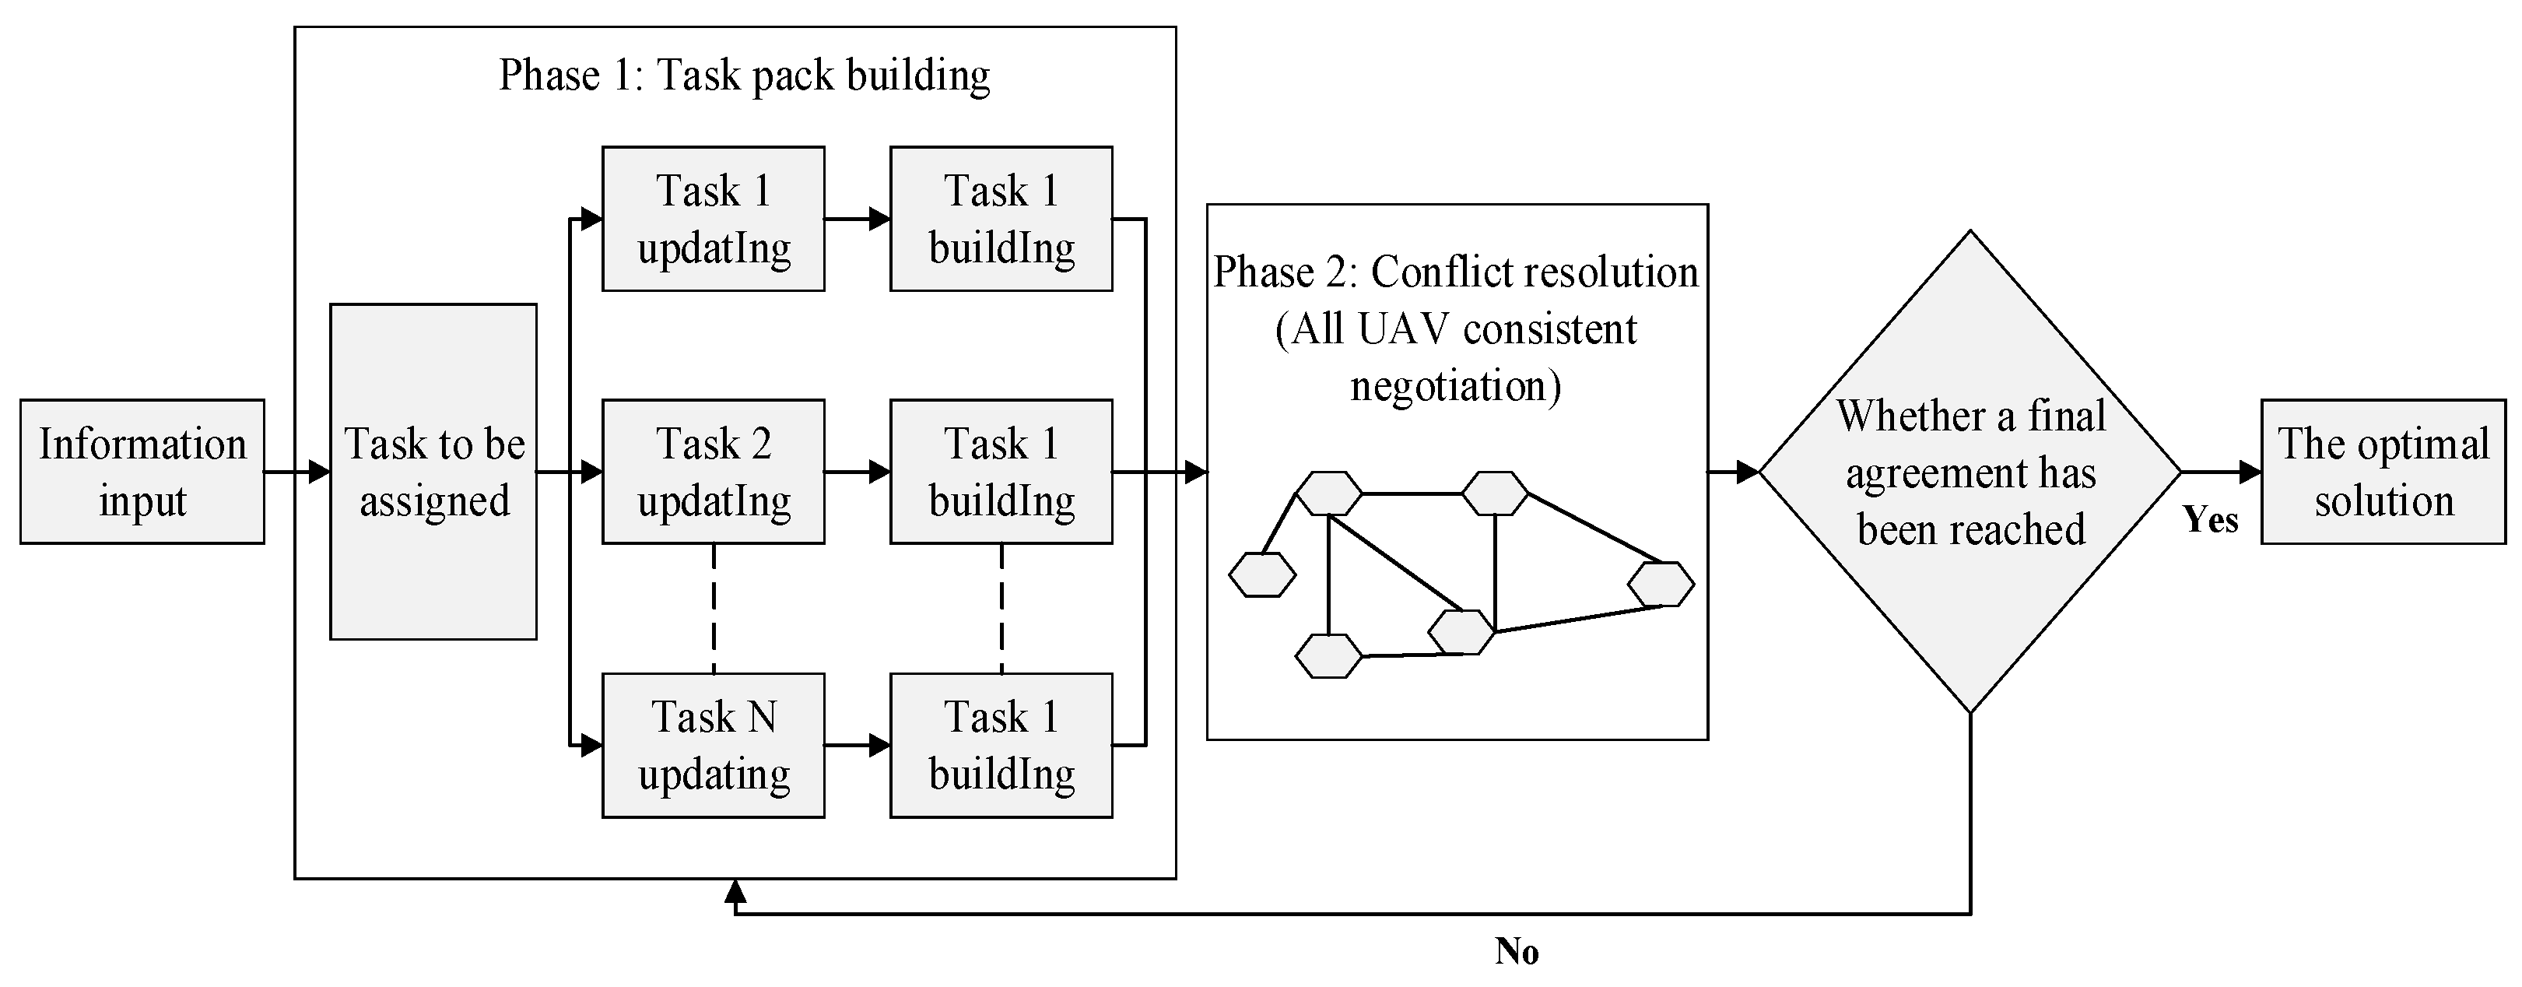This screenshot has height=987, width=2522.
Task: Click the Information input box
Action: pos(142,472)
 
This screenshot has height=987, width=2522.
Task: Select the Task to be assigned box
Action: pos(433,472)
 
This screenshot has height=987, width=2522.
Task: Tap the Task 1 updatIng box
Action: pos(713,220)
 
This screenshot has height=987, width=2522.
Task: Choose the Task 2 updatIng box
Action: pos(713,472)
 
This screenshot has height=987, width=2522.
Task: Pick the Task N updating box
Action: pos(713,745)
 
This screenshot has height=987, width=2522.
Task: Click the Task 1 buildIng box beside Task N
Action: pos(1001,745)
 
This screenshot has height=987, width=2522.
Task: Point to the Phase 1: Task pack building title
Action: pos(744,76)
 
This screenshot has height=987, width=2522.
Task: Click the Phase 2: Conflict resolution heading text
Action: pos(1456,272)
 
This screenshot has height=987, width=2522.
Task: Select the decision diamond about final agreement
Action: pos(1970,472)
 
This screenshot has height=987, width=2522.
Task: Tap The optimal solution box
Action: pos(2383,472)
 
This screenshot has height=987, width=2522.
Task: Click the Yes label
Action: pos(2211,520)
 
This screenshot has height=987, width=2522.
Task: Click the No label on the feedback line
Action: pos(1517,950)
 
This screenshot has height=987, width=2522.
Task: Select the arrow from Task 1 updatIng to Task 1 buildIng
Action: pos(858,220)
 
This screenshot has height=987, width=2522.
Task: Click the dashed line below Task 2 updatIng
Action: pos(714,607)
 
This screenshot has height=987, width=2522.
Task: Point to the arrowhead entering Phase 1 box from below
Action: pos(735,891)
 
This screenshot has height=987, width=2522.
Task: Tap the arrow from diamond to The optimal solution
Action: pos(2220,472)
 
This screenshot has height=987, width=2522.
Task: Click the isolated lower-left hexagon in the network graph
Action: pos(1262,574)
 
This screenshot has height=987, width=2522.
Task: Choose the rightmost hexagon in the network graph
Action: pos(1661,585)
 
